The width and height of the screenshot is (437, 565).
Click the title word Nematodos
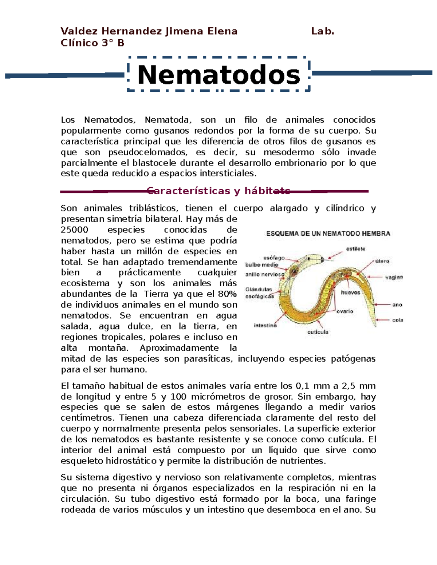click(219, 75)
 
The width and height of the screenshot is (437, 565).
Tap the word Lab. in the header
click(323, 31)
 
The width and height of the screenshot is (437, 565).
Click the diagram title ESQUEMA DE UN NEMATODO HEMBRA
click(328, 234)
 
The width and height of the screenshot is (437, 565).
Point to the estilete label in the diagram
click(355, 249)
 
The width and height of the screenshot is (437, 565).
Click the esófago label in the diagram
click(274, 258)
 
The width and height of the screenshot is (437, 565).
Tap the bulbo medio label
click(261, 265)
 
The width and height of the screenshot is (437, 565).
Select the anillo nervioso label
click(264, 275)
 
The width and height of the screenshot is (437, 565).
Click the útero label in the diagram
click(382, 261)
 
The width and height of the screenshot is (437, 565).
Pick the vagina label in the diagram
click(394, 277)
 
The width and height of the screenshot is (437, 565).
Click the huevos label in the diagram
click(350, 293)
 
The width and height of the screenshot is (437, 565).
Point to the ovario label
click(345, 311)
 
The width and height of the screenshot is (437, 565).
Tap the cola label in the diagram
click(398, 320)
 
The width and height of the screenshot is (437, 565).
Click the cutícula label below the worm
click(318, 332)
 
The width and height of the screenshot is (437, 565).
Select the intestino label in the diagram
click(265, 326)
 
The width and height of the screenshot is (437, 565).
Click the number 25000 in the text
click(74, 230)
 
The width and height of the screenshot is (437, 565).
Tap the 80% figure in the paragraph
click(227, 294)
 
